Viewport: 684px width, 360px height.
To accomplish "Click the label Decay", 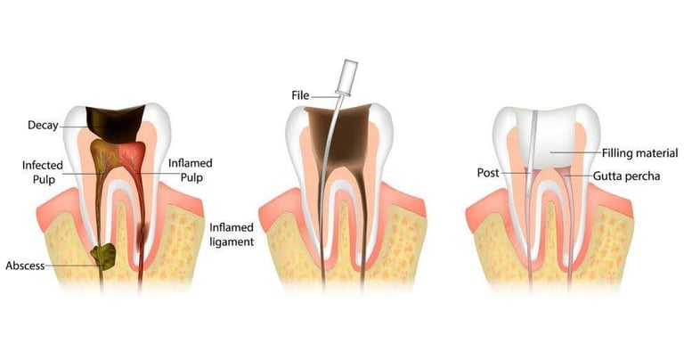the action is point(42,126).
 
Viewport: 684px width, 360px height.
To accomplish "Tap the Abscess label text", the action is point(25,266).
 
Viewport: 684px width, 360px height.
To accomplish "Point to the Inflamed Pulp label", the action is point(190,171).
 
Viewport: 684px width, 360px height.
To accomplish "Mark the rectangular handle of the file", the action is point(348,72).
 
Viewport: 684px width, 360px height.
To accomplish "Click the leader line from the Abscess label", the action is point(70,266).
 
